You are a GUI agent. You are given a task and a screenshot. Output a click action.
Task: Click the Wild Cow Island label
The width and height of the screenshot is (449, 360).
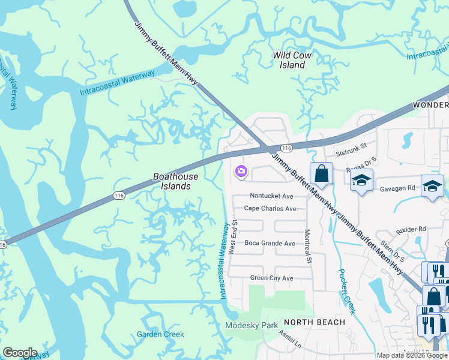click(292, 60)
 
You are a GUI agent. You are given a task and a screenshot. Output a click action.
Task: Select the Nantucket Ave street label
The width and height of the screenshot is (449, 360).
click(271, 196)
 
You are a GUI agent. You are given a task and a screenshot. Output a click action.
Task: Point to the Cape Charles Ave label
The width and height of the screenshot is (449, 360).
click(270, 209)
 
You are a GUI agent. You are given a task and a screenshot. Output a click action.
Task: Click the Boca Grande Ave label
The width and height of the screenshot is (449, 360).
click(270, 244)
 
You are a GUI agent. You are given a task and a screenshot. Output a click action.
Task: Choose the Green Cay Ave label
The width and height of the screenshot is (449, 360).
click(271, 278)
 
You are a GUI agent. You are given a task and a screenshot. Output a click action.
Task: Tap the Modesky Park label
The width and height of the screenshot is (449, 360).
click(252, 326)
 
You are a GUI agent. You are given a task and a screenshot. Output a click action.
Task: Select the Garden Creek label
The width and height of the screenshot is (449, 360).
click(160, 334)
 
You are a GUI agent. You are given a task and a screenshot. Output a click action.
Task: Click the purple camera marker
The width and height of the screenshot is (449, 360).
click(241, 172)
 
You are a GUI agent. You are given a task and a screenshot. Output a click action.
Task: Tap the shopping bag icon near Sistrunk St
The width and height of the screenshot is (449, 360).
click(322, 174)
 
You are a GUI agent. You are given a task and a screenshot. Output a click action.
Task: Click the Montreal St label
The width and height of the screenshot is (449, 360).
click(309, 247)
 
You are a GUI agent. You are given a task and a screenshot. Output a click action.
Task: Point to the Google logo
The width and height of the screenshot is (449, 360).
click(20, 353)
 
